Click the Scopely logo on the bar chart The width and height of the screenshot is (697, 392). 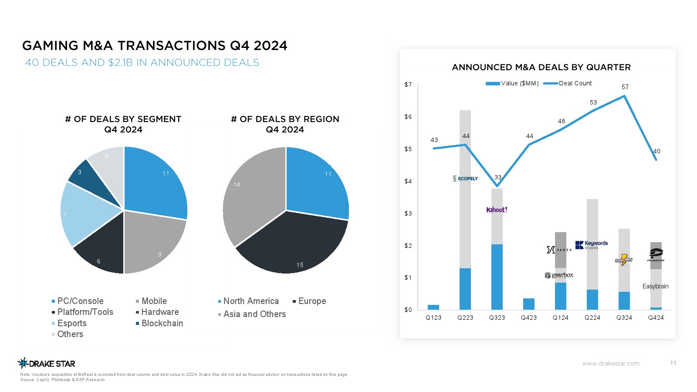click(x=465, y=179)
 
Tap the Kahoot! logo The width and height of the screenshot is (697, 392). click(x=497, y=210)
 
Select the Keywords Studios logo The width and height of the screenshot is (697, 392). click(x=592, y=245)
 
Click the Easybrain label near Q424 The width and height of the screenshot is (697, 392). click(x=655, y=286)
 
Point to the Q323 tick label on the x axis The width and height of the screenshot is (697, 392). click(x=497, y=318)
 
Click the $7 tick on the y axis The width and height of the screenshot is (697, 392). click(x=408, y=84)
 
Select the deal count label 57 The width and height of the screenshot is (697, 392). click(x=625, y=87)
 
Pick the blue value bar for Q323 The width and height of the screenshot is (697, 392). click(x=497, y=277)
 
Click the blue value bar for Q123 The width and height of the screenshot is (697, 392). click(x=433, y=307)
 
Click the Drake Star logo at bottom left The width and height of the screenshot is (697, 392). click(x=47, y=363)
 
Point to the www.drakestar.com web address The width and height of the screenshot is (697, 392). click(x=611, y=363)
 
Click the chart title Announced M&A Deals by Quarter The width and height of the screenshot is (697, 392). click(x=541, y=68)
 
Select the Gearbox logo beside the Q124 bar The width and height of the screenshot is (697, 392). click(x=559, y=275)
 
